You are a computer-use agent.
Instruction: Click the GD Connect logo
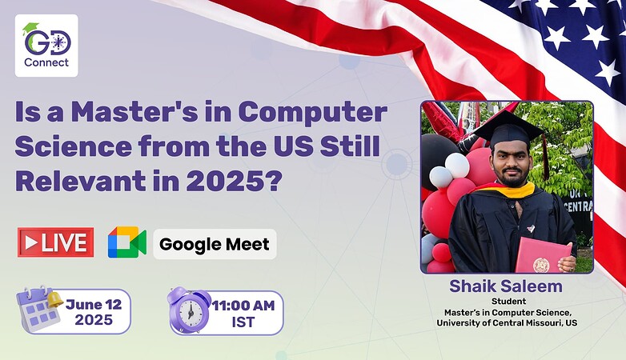click(x=46, y=46)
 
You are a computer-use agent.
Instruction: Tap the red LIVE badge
click(x=55, y=242)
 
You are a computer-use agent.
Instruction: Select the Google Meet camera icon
click(x=127, y=242)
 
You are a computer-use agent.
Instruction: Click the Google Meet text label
click(x=215, y=244)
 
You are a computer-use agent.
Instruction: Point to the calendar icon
click(x=38, y=310)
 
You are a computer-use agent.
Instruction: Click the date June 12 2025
click(x=94, y=312)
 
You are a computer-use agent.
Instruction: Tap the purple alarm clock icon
click(x=189, y=310)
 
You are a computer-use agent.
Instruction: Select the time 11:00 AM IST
click(x=243, y=314)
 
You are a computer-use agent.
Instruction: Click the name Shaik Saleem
click(x=506, y=286)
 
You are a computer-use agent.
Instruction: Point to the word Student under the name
click(x=508, y=302)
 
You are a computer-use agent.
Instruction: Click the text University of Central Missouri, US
click(x=507, y=323)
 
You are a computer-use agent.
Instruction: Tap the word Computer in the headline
click(x=313, y=114)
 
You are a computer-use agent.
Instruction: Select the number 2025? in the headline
click(x=235, y=181)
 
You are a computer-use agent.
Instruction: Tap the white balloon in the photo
click(x=458, y=165)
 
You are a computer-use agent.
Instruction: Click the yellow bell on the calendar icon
click(x=54, y=299)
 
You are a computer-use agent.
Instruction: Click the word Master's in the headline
click(x=134, y=112)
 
